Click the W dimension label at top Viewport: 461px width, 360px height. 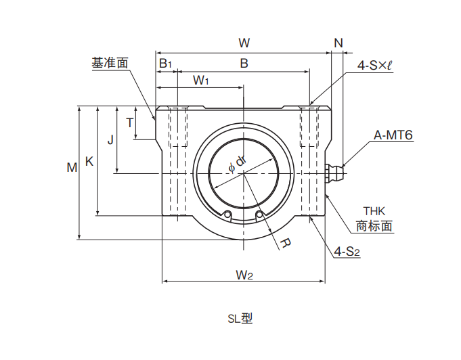point(244,43)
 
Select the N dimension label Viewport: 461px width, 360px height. point(338,43)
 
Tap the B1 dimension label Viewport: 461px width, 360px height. point(165,63)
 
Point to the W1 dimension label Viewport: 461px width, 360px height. point(201,80)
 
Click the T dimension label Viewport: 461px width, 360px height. point(130,122)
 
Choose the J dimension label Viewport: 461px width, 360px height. point(110,140)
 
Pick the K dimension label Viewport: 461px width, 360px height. point(89,161)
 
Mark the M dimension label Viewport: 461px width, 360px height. point(72,168)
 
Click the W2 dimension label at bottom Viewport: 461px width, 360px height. point(244,275)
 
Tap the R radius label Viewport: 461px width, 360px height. point(286,243)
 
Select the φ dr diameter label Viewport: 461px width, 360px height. point(237,164)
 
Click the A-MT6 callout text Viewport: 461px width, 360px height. point(393,135)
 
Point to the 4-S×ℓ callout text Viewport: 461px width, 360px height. point(374,65)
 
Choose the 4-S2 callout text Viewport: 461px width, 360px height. point(347,252)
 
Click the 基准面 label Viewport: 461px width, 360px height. point(110,63)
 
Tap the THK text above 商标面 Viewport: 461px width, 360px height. point(374,211)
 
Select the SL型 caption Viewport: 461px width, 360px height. point(240,318)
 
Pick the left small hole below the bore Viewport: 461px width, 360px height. point(227,215)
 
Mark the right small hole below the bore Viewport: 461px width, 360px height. point(259,215)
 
